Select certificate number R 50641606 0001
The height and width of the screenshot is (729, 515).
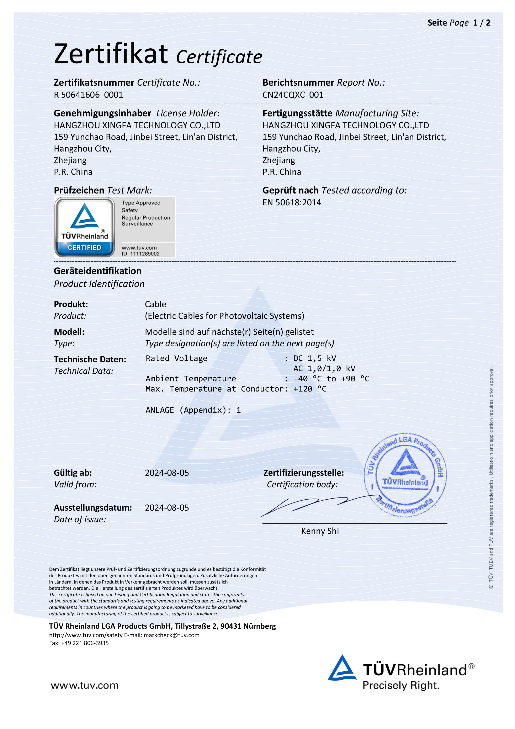[88, 95]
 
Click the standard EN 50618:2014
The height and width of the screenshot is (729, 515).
[291, 203]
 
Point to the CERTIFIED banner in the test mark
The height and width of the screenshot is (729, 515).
[84, 247]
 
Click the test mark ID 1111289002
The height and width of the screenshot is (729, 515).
[141, 254]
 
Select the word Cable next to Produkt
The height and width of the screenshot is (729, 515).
[155, 304]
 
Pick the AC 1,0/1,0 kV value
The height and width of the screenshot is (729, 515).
[324, 369]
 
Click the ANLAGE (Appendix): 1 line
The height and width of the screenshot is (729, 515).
[193, 410]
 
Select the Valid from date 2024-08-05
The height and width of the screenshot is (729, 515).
[167, 473]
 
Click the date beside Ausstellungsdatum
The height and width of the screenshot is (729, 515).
[167, 508]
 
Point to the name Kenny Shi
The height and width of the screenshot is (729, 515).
[320, 531]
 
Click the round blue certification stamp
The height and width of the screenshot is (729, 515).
[405, 474]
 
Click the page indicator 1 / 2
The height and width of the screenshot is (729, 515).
[481, 23]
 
